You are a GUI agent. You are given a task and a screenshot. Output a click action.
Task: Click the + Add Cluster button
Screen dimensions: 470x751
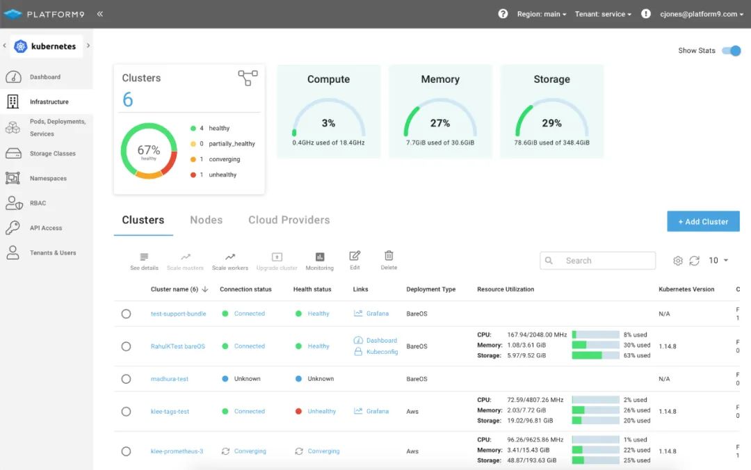703,222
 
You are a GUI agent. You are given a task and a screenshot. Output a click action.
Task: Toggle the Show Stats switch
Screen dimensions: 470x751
731,51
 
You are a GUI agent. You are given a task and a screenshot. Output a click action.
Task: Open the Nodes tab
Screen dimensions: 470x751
206,220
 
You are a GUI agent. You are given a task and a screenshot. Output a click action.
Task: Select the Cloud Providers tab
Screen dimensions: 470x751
289,220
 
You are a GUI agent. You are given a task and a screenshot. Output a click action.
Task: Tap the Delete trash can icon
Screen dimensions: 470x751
389,256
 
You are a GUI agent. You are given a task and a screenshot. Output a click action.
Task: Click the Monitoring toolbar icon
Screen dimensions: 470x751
320,257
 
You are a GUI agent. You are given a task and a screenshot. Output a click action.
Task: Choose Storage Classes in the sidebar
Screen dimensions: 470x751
52,154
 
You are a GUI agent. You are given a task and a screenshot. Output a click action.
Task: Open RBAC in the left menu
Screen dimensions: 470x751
38,203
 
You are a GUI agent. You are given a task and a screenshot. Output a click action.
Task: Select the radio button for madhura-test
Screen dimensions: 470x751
126,379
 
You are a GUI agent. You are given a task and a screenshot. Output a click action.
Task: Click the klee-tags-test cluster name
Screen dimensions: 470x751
170,412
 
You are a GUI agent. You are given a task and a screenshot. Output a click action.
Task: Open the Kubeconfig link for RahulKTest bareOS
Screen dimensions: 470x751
382,352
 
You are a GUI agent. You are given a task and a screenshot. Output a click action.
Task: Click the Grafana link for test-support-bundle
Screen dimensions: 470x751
377,314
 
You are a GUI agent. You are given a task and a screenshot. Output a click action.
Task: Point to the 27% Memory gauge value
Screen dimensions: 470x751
439,123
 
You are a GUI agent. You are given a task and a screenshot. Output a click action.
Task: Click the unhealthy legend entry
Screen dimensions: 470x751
223,175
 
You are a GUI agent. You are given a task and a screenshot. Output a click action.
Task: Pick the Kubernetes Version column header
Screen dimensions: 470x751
686,289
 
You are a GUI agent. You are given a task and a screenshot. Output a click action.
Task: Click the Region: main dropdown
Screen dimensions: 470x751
542,14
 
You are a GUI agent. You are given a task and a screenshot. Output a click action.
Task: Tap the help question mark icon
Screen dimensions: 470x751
503,14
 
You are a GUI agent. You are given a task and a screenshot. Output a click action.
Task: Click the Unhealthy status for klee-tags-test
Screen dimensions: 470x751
321,412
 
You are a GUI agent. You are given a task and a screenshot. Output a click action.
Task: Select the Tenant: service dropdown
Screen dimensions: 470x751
603,14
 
